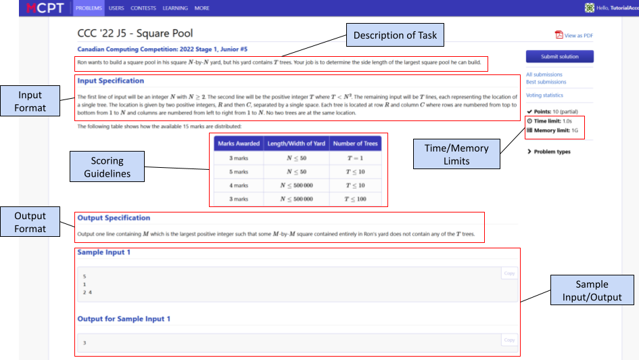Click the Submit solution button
pyautogui.click(x=559, y=57)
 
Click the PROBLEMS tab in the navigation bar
pyautogui.click(x=88, y=8)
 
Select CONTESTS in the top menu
pyautogui.click(x=143, y=8)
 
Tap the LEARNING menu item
pyautogui.click(x=175, y=8)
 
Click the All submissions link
pyautogui.click(x=544, y=74)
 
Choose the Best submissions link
pyautogui.click(x=546, y=82)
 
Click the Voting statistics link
pyautogui.click(x=544, y=95)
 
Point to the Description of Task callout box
pyautogui.click(x=396, y=35)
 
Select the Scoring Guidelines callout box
pyautogui.click(x=108, y=166)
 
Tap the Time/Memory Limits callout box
pyautogui.click(x=457, y=154)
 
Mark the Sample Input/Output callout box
pyautogui.click(x=591, y=292)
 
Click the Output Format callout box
pyautogui.click(x=30, y=222)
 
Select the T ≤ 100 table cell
pyautogui.click(x=356, y=199)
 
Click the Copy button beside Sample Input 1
pyautogui.click(x=509, y=273)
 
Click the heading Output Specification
pyautogui.click(x=114, y=218)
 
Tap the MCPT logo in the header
pyautogui.click(x=45, y=8)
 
